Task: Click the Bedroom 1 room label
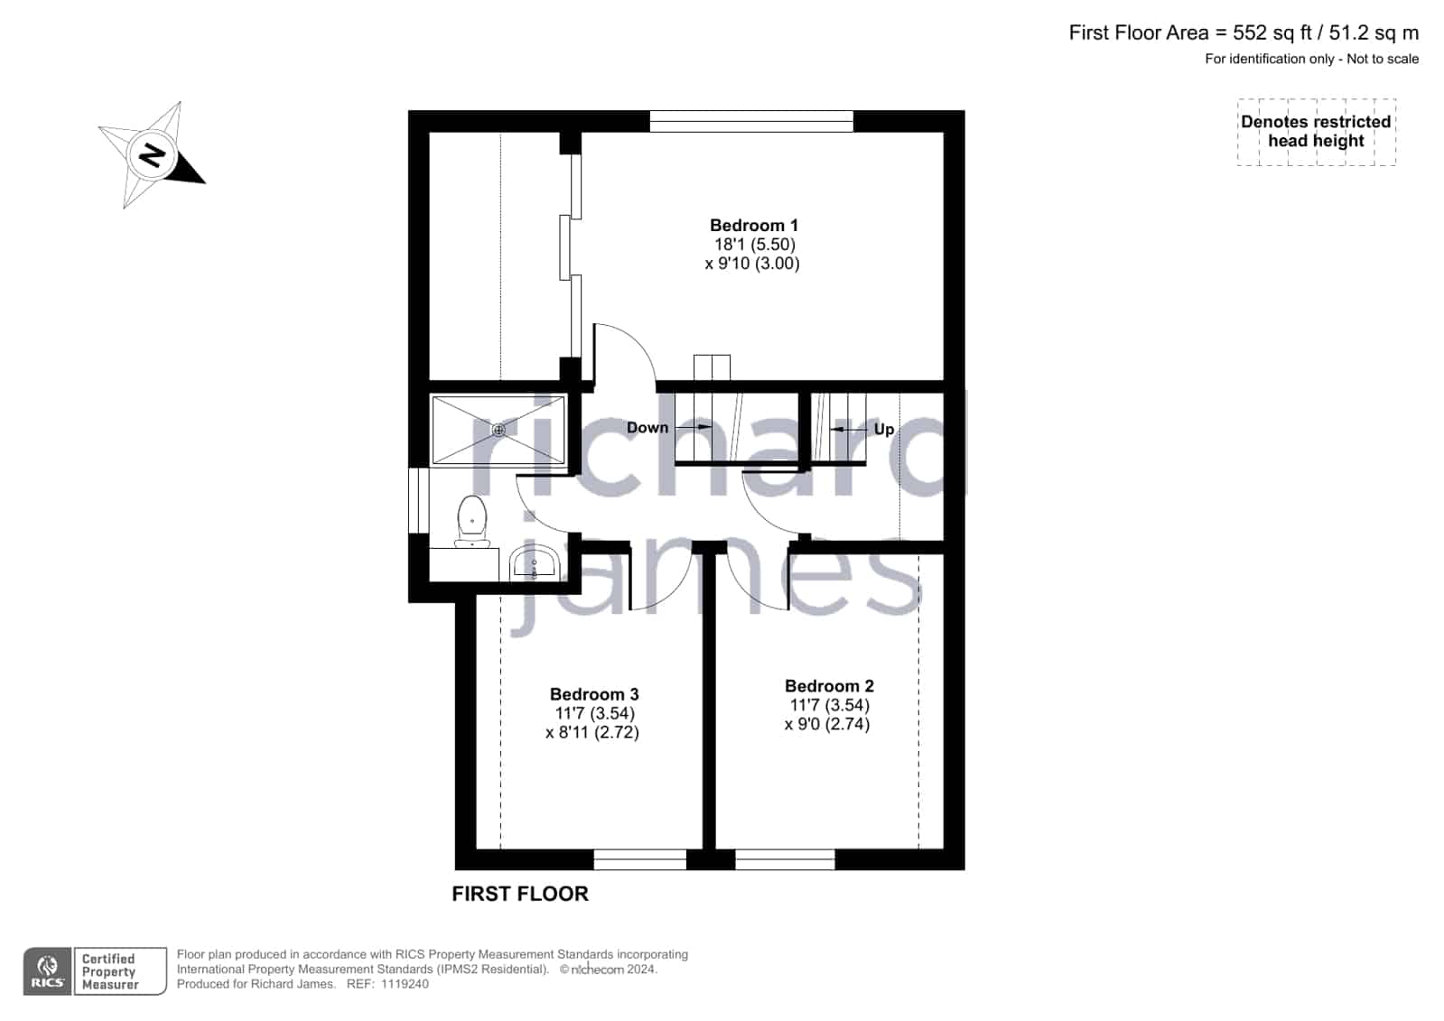(x=753, y=226)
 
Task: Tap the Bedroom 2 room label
(x=829, y=686)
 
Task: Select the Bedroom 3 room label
(x=593, y=694)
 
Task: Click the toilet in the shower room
(x=472, y=521)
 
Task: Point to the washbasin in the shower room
(x=535, y=562)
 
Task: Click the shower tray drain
(x=498, y=430)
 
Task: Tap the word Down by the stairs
(x=647, y=428)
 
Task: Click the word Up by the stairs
(x=884, y=430)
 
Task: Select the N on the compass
(x=153, y=155)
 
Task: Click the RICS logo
(x=47, y=970)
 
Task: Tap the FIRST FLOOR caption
(x=519, y=894)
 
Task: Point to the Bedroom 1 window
(x=751, y=121)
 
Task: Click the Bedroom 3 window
(x=639, y=859)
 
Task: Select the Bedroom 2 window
(x=785, y=859)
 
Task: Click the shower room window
(x=419, y=500)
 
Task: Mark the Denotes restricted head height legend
(x=1317, y=132)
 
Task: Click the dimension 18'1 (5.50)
(x=754, y=245)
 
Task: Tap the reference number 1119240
(x=405, y=984)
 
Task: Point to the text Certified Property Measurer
(x=109, y=971)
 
